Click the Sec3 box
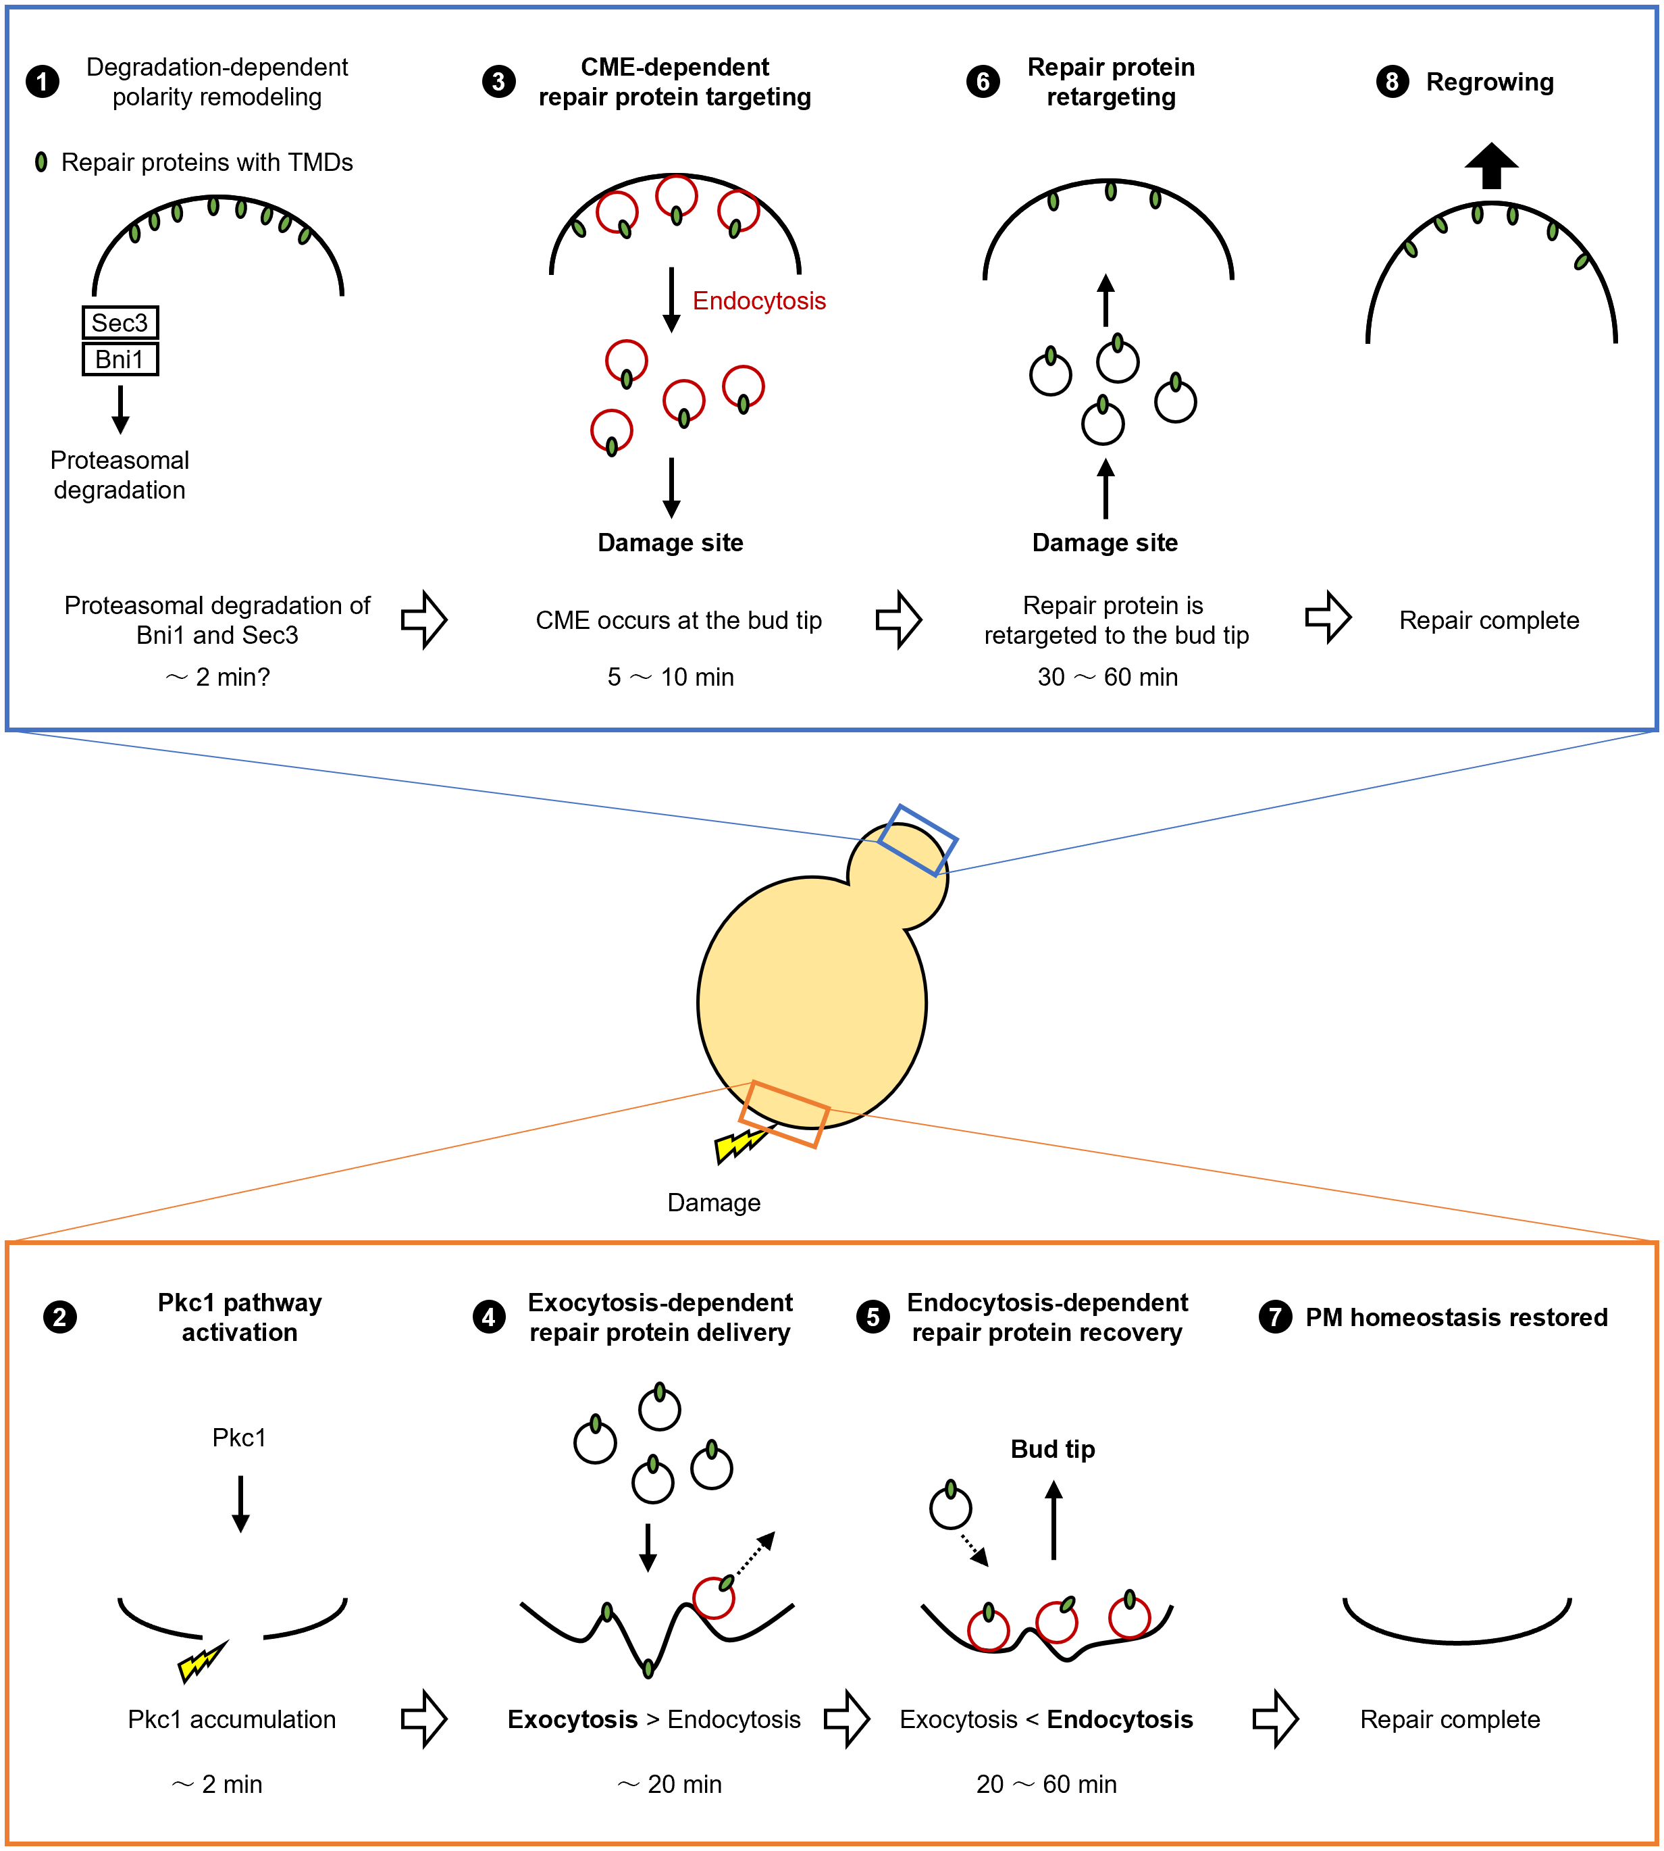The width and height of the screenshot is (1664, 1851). point(120,323)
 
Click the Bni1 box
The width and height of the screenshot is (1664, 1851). point(120,359)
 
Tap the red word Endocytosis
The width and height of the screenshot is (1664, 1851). point(759,301)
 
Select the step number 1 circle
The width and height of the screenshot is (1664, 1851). point(42,81)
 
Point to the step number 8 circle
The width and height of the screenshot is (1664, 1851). point(1392,81)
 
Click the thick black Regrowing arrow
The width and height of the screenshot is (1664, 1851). point(1491,166)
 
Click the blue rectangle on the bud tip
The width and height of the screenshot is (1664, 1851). point(917,840)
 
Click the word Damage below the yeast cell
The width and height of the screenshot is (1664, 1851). point(713,1202)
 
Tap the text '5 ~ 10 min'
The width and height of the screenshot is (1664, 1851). point(670,677)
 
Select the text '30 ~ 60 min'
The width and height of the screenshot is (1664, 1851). point(1108,677)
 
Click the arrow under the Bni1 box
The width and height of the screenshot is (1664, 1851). point(120,409)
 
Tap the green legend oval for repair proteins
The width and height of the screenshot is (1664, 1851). point(41,163)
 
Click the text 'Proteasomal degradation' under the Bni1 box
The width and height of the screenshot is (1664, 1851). point(120,475)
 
